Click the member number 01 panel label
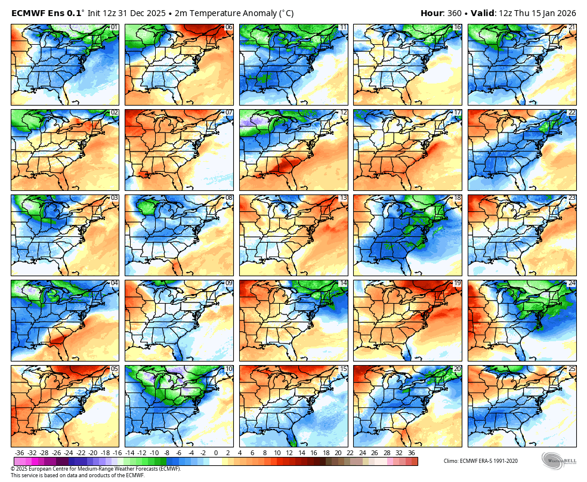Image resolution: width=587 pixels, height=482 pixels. pos(114,27)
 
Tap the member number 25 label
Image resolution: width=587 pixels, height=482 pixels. pos(571,369)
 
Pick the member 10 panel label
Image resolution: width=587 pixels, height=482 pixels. pos(228,369)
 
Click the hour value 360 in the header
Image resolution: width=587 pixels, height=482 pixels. pos(455,13)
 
